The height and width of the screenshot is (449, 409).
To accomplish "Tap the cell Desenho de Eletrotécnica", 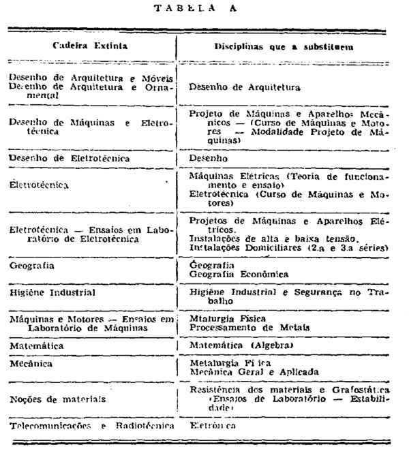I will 70,157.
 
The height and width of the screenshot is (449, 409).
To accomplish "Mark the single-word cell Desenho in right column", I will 209,157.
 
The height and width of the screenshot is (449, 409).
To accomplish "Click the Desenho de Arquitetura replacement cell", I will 244,87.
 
